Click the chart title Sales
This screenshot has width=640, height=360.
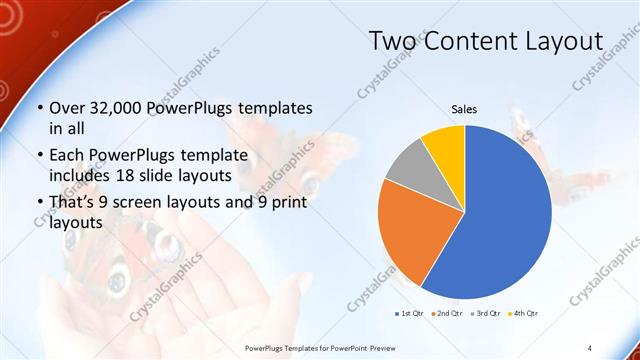pyautogui.click(x=464, y=108)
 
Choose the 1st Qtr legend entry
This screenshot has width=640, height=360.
pyautogui.click(x=410, y=314)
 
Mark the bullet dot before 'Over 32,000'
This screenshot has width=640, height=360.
pyautogui.click(x=39, y=108)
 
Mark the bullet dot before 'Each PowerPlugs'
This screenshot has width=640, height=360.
pyautogui.click(x=39, y=156)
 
